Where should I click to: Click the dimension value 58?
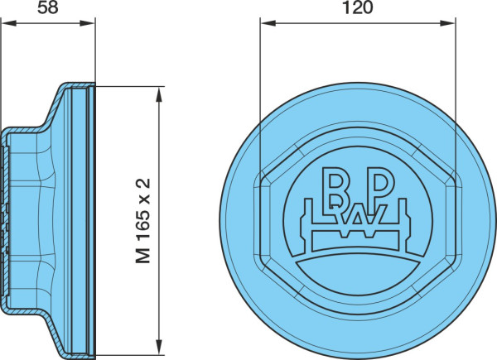pyautogui.click(x=48, y=7)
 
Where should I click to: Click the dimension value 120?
pyautogui.click(x=358, y=7)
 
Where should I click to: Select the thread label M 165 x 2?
pyautogui.click(x=142, y=221)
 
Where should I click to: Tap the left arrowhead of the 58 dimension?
pyautogui.click(x=9, y=23)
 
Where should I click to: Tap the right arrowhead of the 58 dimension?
pyautogui.click(x=88, y=23)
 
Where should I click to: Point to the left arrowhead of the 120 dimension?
pyautogui.click(x=268, y=23)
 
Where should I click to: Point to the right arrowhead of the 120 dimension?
pyautogui.click(x=447, y=23)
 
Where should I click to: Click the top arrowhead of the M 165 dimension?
pyautogui.click(x=159, y=94)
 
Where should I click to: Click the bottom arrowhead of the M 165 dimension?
pyautogui.click(x=159, y=348)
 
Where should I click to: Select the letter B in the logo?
pyautogui.click(x=335, y=186)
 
